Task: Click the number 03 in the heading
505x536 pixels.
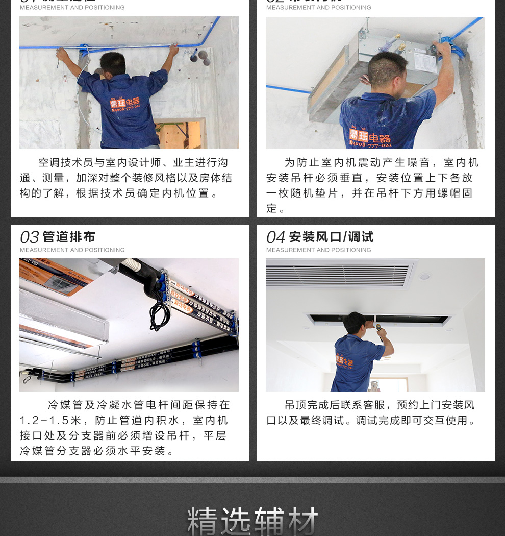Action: [29, 237]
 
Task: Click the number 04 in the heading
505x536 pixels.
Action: [275, 237]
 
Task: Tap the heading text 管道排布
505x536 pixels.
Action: [69, 237]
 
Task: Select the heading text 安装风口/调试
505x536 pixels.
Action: [331, 237]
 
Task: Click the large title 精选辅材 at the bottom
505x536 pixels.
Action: [252, 521]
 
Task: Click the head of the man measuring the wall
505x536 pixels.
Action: [113, 63]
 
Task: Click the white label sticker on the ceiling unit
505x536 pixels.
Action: [424, 61]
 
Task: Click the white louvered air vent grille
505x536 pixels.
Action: [339, 275]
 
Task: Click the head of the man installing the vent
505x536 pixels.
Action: [355, 323]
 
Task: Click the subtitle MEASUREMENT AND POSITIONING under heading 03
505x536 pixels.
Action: [72, 250]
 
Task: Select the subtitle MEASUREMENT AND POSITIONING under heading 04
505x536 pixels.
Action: [319, 250]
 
